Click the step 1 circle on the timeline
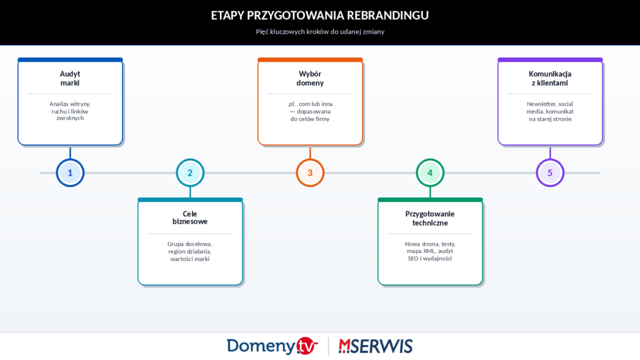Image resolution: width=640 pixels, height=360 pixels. [70, 172]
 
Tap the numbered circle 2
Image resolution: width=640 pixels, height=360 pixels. [190, 172]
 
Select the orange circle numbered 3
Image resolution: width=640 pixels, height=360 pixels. [310, 172]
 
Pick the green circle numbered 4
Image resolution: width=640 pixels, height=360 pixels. [430, 172]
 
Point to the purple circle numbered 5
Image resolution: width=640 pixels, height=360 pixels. [550, 172]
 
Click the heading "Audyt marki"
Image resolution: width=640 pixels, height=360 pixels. [70, 78]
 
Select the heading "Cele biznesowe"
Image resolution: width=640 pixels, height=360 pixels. [190, 217]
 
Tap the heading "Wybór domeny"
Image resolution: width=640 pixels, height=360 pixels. [310, 78]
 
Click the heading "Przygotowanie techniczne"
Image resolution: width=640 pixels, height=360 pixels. [430, 217]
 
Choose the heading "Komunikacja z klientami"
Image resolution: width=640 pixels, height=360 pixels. [550, 78]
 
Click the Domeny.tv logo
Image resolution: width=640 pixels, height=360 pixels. [272, 346]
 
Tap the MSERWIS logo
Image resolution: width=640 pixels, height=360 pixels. [376, 346]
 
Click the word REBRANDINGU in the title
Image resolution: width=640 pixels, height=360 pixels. [388, 16]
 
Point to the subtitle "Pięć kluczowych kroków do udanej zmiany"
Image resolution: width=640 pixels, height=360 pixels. [320, 31]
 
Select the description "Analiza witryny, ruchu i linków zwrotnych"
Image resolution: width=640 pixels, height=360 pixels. [70, 111]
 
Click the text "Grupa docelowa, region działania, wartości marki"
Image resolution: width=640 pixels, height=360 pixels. [190, 251]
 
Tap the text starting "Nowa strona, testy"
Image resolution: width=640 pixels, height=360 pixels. [430, 251]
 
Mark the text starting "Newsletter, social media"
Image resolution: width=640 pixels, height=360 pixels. [550, 111]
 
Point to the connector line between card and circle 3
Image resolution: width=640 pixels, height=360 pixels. [310, 152]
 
